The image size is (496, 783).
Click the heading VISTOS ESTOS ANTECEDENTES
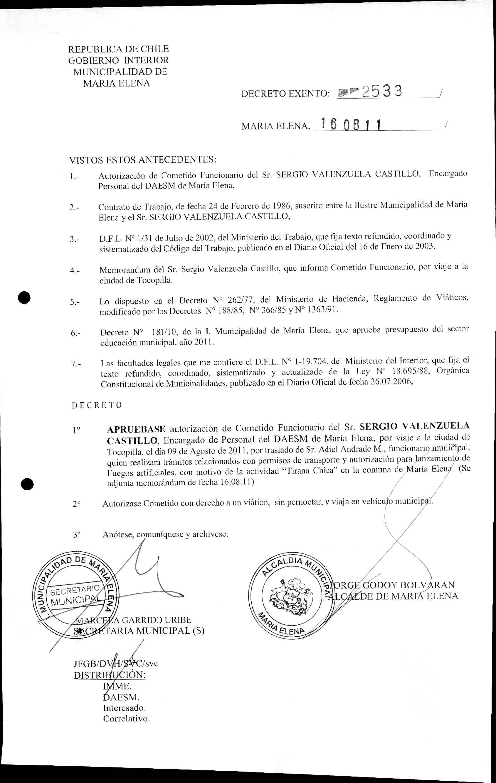(x=143, y=160)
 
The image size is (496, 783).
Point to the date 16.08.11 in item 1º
(x=236, y=482)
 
